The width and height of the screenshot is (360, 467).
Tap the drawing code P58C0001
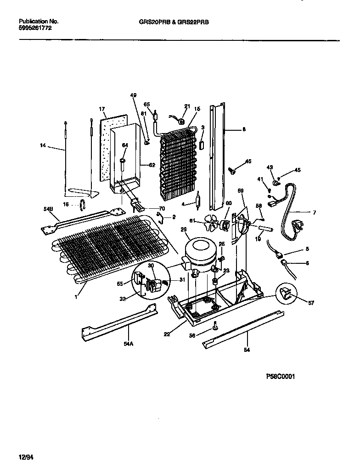(280, 376)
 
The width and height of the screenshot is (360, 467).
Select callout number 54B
(49, 209)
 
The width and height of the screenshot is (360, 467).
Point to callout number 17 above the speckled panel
(102, 109)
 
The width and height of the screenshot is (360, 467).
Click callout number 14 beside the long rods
(43, 145)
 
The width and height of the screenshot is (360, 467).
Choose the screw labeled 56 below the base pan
(215, 327)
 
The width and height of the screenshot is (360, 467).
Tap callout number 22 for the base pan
(167, 334)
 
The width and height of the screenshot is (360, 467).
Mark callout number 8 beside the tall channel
(244, 130)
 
